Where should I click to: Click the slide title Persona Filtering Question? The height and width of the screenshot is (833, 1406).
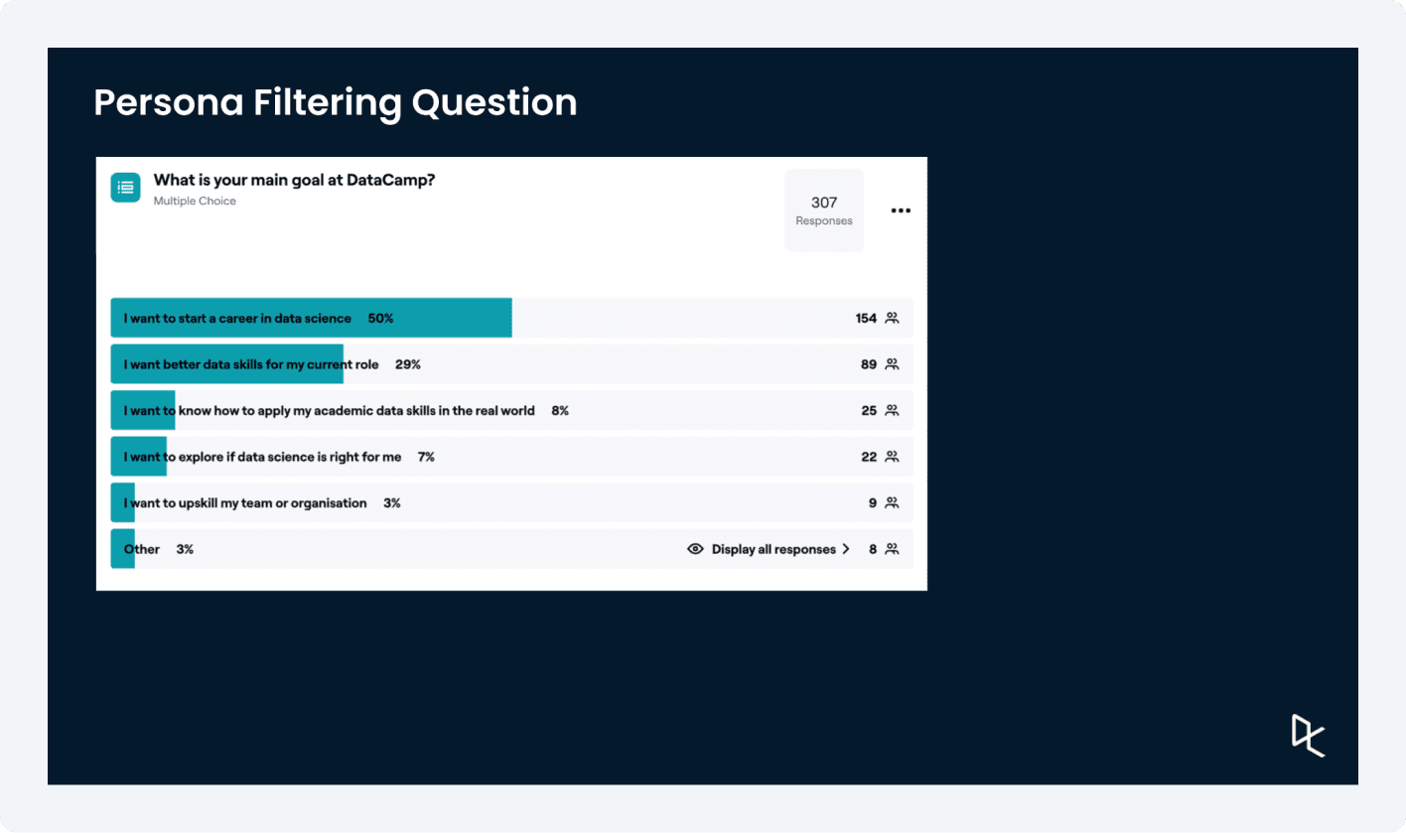[x=336, y=103]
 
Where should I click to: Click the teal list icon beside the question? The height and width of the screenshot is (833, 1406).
[x=125, y=187]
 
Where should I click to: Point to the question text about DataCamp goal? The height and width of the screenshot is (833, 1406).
[x=294, y=180]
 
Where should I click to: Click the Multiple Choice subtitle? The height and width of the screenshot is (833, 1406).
[x=195, y=201]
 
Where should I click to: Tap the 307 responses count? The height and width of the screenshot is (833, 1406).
[x=824, y=210]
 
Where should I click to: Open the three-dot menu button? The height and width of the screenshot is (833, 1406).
[x=901, y=210]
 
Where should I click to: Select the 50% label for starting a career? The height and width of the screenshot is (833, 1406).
[x=380, y=319]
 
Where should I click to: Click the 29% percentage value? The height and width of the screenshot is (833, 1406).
[x=407, y=364]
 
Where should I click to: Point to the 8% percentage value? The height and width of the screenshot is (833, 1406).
[x=560, y=410]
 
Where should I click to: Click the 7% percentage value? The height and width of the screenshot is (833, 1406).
[x=426, y=457]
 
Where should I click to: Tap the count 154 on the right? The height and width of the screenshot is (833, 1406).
[x=866, y=319]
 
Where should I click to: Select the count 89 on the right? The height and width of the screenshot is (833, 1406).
[x=869, y=364]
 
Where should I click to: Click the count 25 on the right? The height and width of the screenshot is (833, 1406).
[x=869, y=410]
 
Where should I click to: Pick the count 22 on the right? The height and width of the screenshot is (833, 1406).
[x=869, y=457]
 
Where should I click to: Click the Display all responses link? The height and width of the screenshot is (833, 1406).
[x=773, y=549]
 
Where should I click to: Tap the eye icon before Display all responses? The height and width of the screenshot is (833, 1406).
[x=695, y=549]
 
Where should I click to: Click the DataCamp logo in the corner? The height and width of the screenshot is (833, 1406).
[x=1308, y=735]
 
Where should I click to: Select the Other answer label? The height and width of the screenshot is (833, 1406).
[x=141, y=549]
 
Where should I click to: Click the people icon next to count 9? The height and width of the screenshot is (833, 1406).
[x=892, y=502]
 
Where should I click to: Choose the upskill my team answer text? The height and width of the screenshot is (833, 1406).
[x=245, y=502]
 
